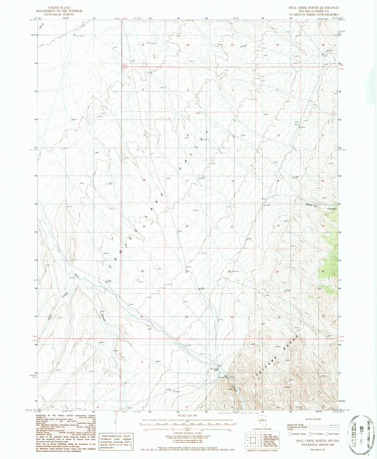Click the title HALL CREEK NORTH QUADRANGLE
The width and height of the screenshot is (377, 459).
316,8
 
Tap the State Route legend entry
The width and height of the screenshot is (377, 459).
332,434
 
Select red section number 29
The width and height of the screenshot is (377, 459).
187,271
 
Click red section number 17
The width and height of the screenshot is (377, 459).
187,181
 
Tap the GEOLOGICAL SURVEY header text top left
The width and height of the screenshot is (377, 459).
59,14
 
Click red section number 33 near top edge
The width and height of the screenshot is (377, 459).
232,45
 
